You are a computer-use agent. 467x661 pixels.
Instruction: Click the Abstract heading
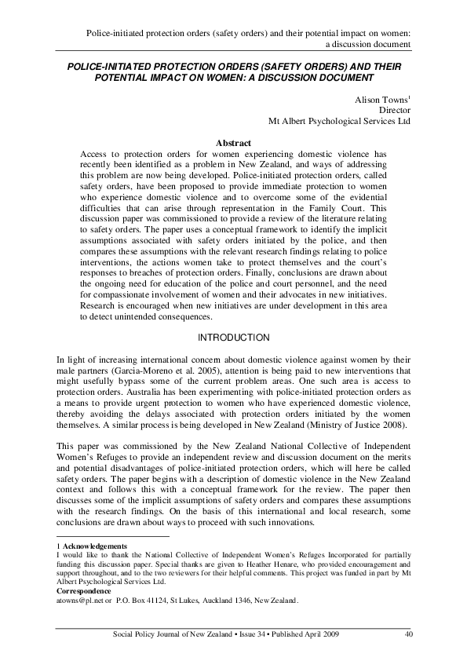(233, 143)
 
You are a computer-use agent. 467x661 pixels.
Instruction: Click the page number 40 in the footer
(407, 634)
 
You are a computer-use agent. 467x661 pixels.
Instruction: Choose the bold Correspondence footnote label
(85, 591)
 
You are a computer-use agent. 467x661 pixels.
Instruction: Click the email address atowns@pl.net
(81, 601)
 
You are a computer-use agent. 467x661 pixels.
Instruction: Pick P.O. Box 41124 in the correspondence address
(138, 601)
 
